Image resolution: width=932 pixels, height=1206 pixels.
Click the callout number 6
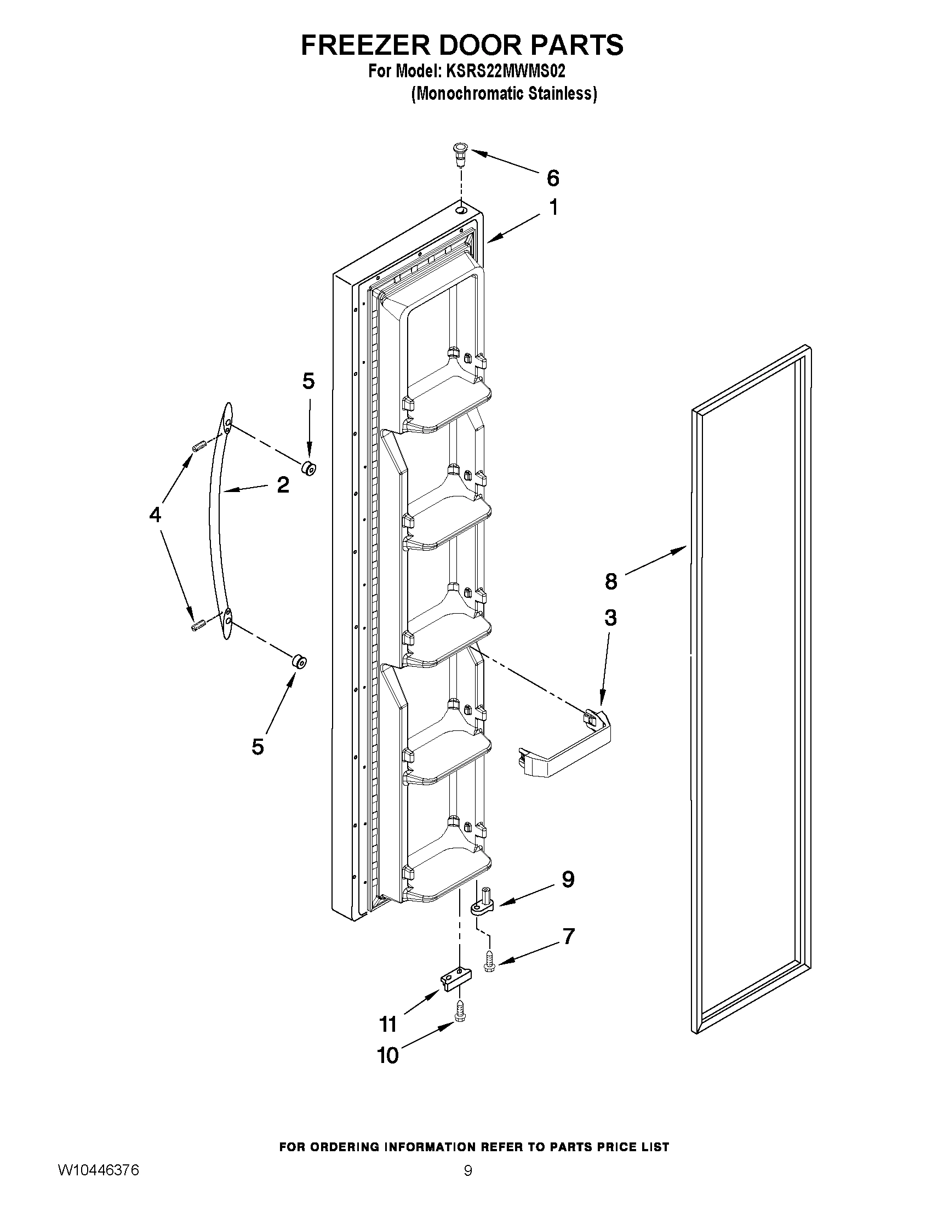[x=553, y=178]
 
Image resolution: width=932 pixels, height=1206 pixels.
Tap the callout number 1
[x=553, y=208]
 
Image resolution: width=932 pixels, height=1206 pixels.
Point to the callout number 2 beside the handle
[x=283, y=485]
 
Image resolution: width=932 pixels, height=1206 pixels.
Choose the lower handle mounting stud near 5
[x=299, y=660]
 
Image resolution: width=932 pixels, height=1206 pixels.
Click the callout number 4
[x=155, y=515]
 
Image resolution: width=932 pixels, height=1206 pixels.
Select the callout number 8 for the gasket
[x=611, y=581]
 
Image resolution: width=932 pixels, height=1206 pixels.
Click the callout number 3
[x=610, y=618]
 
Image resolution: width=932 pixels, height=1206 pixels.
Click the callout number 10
[x=387, y=1055]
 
